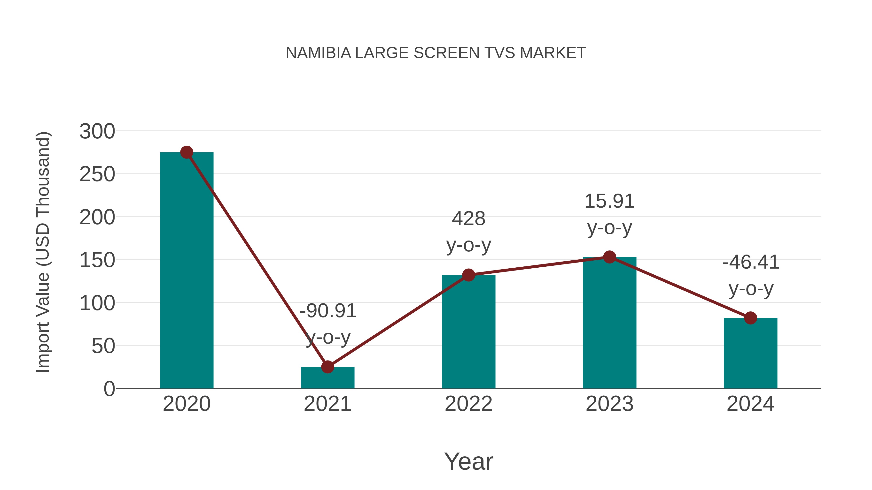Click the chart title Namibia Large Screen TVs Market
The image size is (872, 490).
point(436,53)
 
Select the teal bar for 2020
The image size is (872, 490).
point(187,271)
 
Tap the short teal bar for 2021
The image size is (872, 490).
point(327,378)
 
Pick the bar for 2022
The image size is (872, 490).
point(468,332)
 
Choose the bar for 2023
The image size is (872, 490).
point(609,323)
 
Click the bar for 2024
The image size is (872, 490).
point(750,353)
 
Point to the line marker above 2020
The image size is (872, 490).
point(187,152)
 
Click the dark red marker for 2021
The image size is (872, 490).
point(327,367)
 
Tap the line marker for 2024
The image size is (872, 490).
point(750,318)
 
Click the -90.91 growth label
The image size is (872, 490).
point(328,311)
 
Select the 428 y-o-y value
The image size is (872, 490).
point(468,219)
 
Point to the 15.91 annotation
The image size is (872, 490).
point(609,201)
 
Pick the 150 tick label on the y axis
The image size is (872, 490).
point(97,260)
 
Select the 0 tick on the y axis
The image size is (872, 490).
point(109,389)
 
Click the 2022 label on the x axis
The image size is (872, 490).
point(468,404)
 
